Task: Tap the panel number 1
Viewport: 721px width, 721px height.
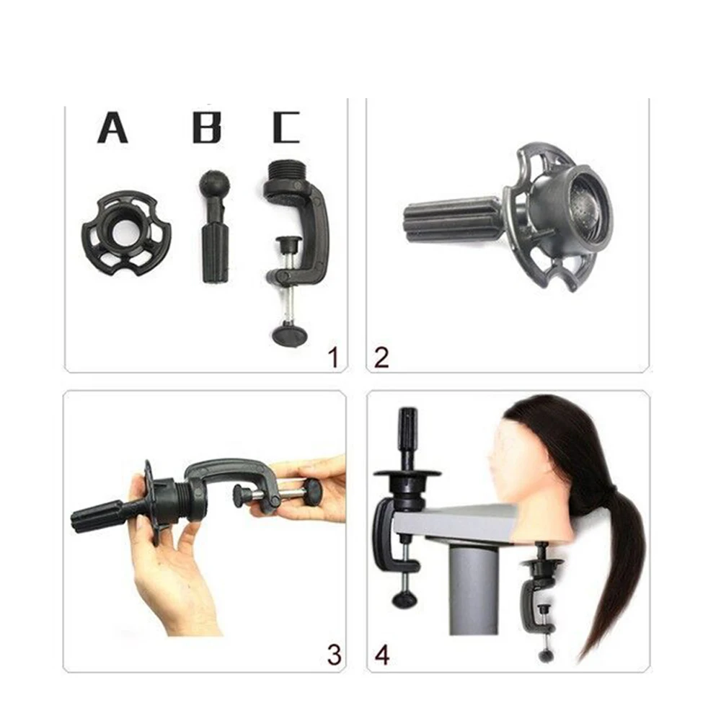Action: coord(332,357)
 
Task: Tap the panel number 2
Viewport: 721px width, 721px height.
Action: coord(382,357)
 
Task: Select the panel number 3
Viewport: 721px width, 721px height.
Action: coord(333,655)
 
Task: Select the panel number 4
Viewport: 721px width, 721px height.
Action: coord(382,655)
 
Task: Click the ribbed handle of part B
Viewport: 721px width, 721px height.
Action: coord(215,252)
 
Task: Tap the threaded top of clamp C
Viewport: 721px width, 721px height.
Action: coord(288,173)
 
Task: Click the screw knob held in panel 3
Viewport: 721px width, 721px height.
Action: coord(311,492)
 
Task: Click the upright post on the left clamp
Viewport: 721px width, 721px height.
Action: coord(408,440)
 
